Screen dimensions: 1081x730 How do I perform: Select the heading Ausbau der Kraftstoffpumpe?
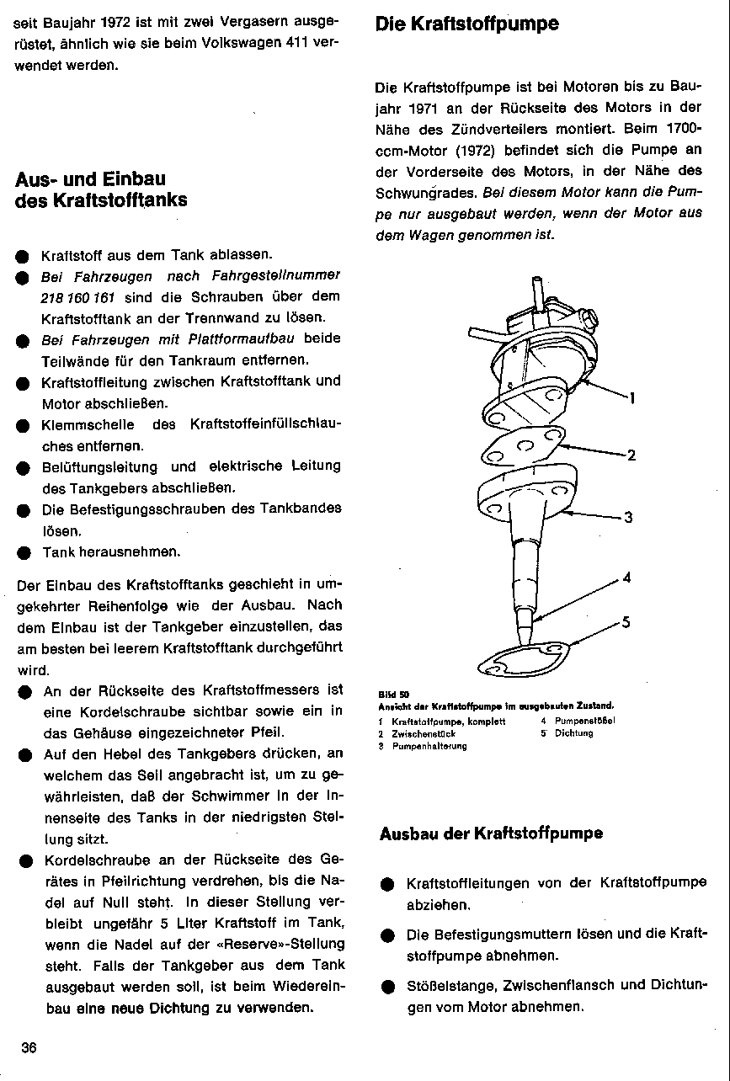(x=491, y=834)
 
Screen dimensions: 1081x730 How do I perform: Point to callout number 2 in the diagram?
(x=631, y=456)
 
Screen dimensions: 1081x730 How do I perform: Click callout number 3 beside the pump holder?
(x=627, y=517)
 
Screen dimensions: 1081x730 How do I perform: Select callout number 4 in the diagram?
(x=626, y=578)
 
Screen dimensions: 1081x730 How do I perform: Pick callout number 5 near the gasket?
(x=626, y=623)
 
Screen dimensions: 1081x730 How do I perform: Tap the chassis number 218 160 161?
(x=77, y=297)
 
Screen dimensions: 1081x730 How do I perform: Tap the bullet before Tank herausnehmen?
(x=24, y=553)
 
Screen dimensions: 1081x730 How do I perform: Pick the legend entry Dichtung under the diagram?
(x=573, y=733)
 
